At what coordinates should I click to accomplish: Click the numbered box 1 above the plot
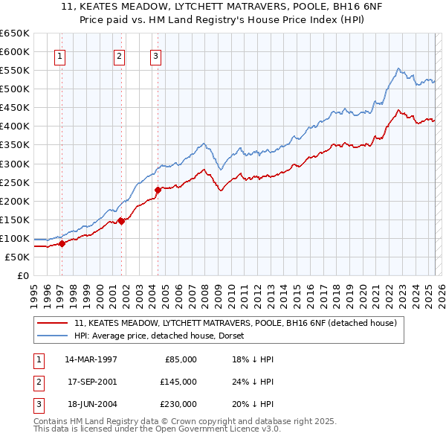coord(59,54)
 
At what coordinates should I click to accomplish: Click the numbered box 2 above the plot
coord(119,54)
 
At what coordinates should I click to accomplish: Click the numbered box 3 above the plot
coord(155,54)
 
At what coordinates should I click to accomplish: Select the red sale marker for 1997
coord(62,243)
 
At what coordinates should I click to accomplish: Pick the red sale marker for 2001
coord(121,220)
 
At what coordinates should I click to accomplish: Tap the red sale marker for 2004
coord(158,190)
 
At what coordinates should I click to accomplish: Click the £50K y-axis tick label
coord(16,257)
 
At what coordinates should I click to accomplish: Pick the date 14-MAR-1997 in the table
coord(91,359)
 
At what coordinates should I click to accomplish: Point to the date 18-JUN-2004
coord(91,404)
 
